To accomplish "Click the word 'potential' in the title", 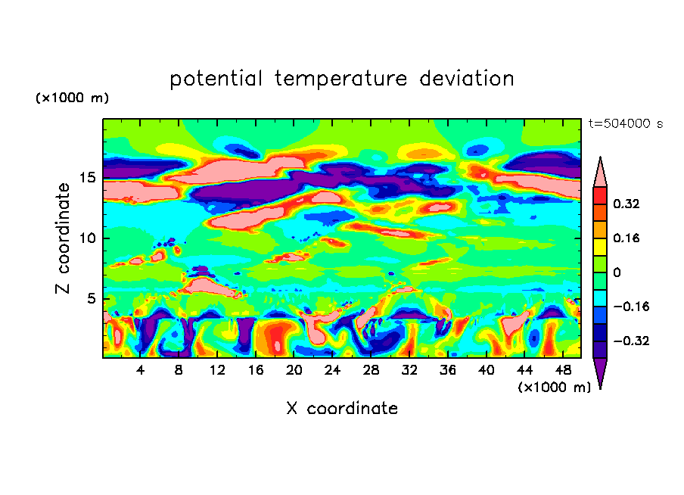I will click(x=216, y=79).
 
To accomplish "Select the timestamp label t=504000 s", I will click(x=625, y=124).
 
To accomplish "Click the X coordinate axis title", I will click(x=342, y=409).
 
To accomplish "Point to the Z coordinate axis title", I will click(x=64, y=238).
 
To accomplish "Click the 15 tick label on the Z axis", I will click(x=89, y=178).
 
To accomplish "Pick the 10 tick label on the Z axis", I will click(x=89, y=238).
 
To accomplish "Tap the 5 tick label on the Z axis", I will click(x=92, y=299).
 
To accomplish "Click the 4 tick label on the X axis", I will click(x=141, y=370).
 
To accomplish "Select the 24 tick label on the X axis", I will click(x=332, y=370).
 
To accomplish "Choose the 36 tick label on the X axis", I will click(x=447, y=370).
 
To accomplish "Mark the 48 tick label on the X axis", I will click(x=562, y=370).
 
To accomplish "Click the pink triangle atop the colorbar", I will click(x=600, y=173).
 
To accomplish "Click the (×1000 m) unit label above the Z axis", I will click(x=72, y=98).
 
